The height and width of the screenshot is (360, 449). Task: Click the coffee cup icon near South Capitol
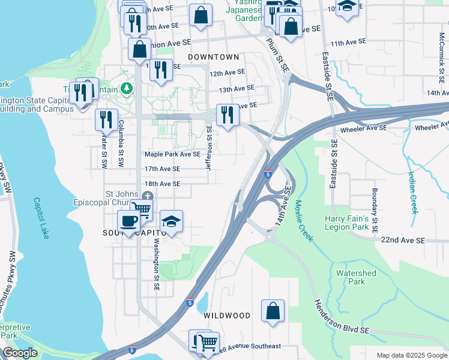click(129, 221)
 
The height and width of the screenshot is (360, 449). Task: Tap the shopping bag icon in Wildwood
click(273, 311)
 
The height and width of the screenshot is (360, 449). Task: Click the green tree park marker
click(126, 89)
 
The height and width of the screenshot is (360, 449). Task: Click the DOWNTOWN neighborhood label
click(213, 57)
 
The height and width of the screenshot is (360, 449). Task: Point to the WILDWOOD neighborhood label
click(226, 316)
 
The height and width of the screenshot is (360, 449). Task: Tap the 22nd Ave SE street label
click(402, 240)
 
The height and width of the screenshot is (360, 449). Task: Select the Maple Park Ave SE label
click(172, 154)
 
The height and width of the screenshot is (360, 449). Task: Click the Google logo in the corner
click(20, 353)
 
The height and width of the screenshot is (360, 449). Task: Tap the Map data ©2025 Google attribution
click(412, 355)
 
